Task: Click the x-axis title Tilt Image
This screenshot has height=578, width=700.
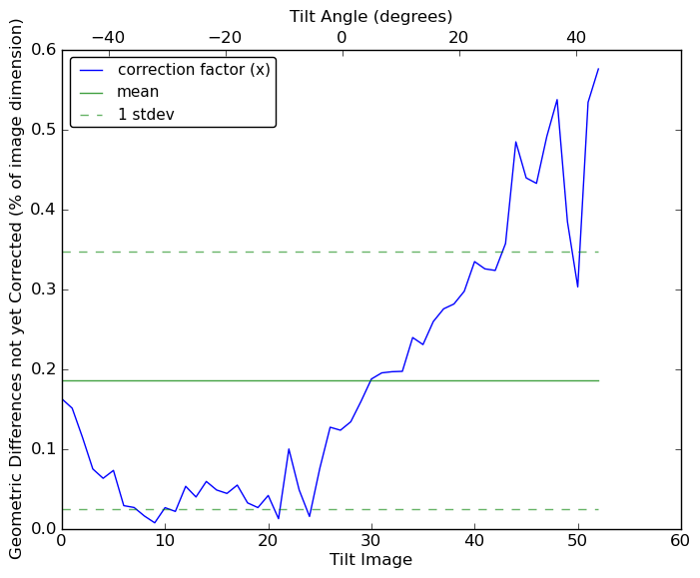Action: click(x=370, y=560)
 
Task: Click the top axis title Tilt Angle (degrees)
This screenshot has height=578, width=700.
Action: click(x=370, y=16)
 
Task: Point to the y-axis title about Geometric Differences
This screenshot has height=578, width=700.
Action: click(x=17, y=289)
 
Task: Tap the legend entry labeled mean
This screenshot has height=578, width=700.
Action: click(x=138, y=92)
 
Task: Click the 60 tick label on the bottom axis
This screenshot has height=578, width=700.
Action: click(x=681, y=540)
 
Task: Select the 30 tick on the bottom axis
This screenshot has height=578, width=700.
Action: click(x=371, y=540)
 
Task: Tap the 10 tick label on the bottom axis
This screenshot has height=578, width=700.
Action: click(x=165, y=540)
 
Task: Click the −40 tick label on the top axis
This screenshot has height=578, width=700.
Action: click(x=108, y=38)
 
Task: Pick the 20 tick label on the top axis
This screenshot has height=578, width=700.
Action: click(x=458, y=38)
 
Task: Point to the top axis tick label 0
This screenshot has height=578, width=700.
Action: click(x=342, y=38)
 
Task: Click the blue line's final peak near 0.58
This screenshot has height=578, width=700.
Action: click(x=598, y=69)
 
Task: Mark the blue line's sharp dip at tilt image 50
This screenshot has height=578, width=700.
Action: click(x=577, y=287)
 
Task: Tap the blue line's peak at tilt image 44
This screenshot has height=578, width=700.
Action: click(x=515, y=142)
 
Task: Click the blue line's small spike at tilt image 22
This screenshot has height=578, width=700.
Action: click(x=289, y=449)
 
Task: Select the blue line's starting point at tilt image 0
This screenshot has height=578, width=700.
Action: click(x=62, y=399)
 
